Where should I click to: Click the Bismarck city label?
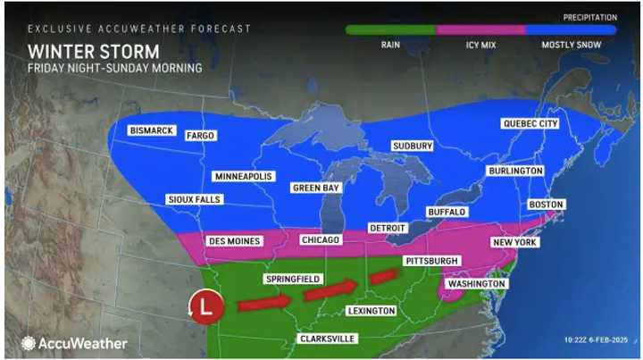(151, 130)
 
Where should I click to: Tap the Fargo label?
(200, 137)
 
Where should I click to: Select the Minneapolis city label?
(243, 176)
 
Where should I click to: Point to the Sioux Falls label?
(192, 199)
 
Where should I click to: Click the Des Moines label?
(233, 241)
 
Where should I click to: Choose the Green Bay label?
(317, 188)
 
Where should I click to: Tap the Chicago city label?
(321, 240)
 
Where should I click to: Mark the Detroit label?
(388, 229)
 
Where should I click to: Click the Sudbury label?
(413, 146)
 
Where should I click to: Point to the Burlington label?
(515, 171)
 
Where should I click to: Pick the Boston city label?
(547, 205)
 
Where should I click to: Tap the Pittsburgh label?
(431, 261)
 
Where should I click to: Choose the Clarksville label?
(328, 339)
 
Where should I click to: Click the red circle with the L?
(205, 306)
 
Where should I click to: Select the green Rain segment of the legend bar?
(390, 29)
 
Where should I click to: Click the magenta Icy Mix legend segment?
(480, 29)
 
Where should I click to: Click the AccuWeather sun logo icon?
(29, 343)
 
